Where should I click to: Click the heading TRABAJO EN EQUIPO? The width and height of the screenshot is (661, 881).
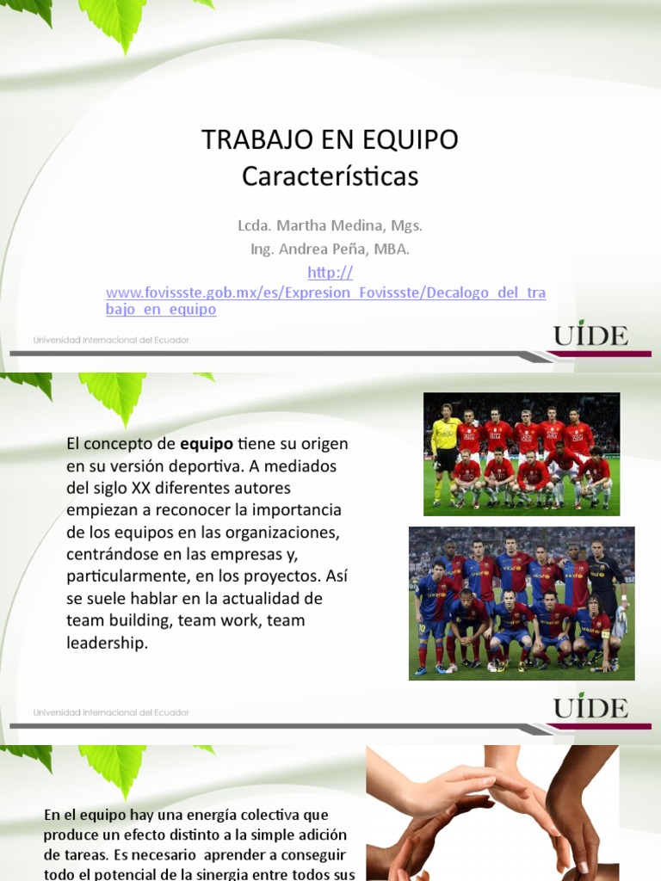click(x=330, y=139)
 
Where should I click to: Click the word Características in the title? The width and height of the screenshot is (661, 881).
click(x=330, y=176)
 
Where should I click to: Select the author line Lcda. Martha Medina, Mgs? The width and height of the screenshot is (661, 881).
click(x=330, y=226)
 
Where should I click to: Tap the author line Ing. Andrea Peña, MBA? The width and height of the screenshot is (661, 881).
click(x=330, y=249)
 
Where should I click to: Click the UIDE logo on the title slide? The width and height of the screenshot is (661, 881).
click(x=590, y=336)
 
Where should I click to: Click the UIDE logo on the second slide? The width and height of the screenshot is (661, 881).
click(x=590, y=707)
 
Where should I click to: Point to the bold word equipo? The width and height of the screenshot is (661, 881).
click(x=207, y=445)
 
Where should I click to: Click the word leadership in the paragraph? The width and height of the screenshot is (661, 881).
click(x=106, y=643)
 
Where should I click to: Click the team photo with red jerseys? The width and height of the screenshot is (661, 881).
click(x=522, y=454)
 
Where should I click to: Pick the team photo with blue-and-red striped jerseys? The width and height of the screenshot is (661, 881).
click(x=522, y=603)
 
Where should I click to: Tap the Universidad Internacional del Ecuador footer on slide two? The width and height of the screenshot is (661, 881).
click(x=111, y=712)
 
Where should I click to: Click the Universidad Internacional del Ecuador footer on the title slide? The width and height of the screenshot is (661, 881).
click(x=111, y=340)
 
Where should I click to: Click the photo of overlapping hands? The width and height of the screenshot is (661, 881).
click(x=492, y=813)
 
